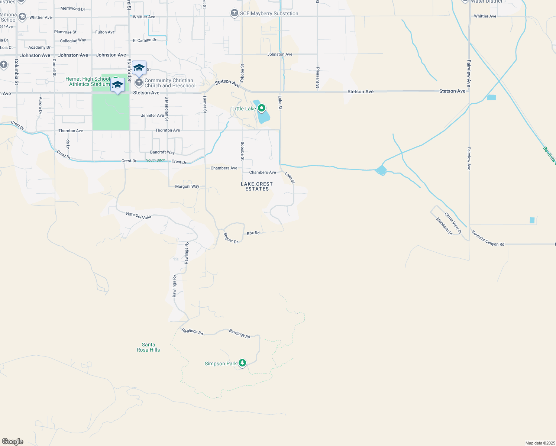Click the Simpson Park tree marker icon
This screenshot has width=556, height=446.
(242, 363)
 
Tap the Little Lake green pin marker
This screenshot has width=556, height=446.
(262, 108)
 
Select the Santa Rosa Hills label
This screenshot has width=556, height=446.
(148, 347)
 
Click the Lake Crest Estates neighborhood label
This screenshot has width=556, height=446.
(257, 186)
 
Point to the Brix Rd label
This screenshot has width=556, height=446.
(253, 233)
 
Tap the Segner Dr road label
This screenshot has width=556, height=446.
(231, 238)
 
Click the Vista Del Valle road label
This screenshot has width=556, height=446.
(138, 215)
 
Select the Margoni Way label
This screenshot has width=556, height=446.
(187, 186)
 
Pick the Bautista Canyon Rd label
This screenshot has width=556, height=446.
(488, 239)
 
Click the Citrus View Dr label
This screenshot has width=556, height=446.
(453, 223)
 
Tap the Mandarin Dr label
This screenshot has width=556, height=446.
(445, 226)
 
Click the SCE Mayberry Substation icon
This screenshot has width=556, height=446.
(234, 13)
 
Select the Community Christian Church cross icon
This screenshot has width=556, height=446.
(139, 82)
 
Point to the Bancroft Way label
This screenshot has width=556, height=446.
(162, 152)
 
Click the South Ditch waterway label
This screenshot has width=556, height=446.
(156, 160)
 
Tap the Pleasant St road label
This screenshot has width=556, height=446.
(318, 78)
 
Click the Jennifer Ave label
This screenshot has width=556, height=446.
(152, 116)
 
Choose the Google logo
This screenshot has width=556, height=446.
(13, 442)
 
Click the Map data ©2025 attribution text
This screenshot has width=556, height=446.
(540, 443)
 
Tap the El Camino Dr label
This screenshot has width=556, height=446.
(145, 40)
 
